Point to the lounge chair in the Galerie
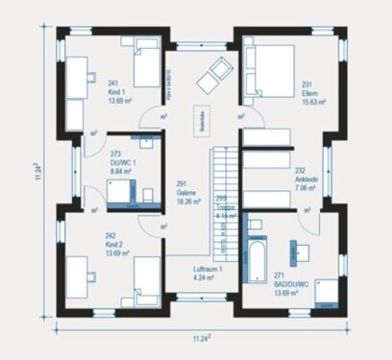tap(213, 71)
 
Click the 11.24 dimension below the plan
tap(199, 338)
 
